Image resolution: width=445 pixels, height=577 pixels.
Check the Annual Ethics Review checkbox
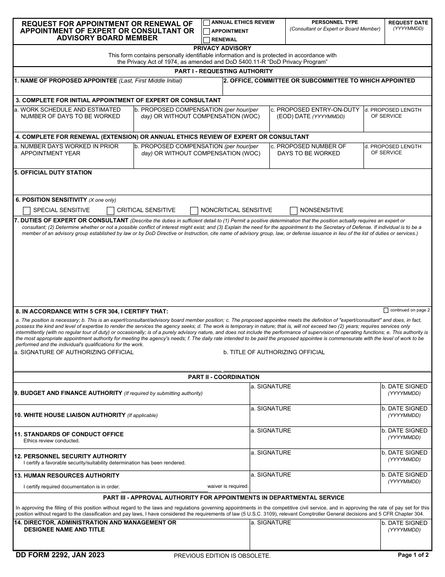coord(207,23)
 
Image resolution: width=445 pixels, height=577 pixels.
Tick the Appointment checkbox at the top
coord(207,31)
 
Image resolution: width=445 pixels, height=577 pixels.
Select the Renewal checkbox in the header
coord(207,40)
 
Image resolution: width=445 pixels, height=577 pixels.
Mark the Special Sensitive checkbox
coord(27,211)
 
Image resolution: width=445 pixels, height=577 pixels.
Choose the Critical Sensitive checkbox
coord(111,211)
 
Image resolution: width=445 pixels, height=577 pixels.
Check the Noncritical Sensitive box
coord(194,211)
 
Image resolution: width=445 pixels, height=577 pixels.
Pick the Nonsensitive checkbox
coord(294,211)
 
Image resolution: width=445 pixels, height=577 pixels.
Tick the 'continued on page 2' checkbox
coord(386,310)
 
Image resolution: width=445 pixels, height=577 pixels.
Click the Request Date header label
coord(408,23)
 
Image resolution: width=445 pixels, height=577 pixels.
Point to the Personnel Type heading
coord(334,22)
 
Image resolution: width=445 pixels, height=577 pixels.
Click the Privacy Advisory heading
coord(222,48)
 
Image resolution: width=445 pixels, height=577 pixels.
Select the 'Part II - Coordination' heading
coord(223,377)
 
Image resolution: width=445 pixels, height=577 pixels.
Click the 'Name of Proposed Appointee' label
coord(66,81)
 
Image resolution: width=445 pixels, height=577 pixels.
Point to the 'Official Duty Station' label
coord(53,173)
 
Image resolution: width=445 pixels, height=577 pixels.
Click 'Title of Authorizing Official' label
coord(274,352)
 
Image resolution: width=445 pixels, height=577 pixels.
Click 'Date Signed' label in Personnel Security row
coord(404,453)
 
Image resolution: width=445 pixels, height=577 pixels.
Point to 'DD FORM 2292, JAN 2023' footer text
coord(60,555)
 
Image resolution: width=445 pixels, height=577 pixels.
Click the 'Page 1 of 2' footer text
coord(413,555)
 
